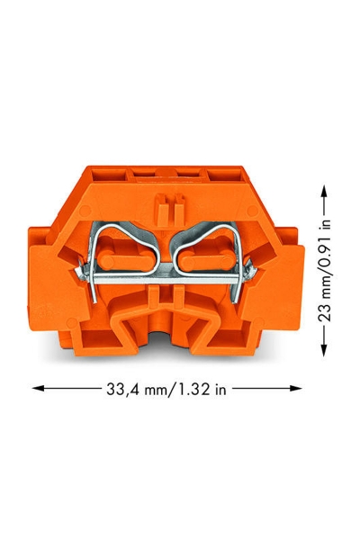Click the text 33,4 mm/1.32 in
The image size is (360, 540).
click(166, 389)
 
